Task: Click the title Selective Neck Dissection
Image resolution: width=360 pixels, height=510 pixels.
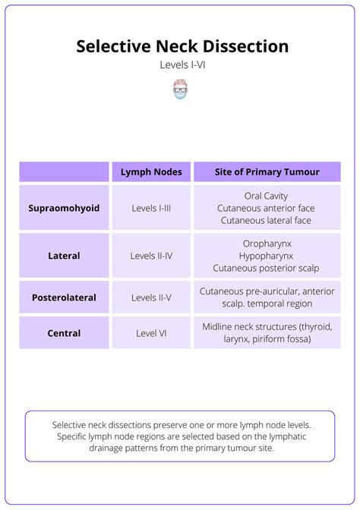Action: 182,46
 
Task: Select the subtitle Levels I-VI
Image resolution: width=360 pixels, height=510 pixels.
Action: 182,65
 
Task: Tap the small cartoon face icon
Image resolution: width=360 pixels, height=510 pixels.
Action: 180,90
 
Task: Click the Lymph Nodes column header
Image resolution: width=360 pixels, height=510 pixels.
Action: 151,172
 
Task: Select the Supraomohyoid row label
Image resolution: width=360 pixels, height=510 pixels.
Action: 64,208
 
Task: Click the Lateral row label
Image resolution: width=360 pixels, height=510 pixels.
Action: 64,256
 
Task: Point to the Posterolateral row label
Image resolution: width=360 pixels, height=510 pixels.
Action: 64,297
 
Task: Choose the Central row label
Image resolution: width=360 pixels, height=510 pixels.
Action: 64,332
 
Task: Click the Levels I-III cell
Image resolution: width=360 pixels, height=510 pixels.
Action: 151,208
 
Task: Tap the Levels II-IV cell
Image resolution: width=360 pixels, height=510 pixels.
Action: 151,256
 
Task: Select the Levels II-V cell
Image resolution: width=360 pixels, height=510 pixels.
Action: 151,297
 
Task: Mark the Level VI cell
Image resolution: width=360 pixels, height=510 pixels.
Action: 151,332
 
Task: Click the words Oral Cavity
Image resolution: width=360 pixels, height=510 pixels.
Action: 267,196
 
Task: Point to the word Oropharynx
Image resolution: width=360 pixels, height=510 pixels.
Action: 267,244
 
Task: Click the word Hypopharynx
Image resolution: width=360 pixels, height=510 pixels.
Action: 267,256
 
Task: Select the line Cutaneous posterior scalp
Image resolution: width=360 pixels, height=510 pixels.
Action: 267,268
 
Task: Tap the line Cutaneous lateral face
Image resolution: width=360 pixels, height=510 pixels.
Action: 267,220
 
